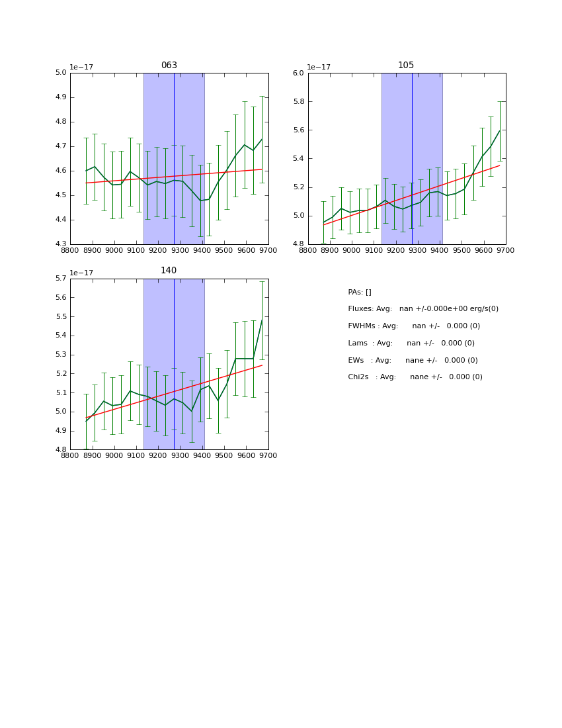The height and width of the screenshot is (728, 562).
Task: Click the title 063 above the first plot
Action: click(x=169, y=66)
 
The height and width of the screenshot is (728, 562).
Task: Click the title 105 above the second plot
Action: click(x=406, y=66)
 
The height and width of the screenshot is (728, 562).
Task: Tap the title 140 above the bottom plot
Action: click(x=169, y=271)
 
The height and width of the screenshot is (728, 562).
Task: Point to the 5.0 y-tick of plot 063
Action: click(x=61, y=73)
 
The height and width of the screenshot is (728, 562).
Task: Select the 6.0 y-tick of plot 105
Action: click(x=298, y=73)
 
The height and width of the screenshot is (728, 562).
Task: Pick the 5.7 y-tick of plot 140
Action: click(x=61, y=279)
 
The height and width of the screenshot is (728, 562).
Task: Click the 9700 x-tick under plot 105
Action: click(x=506, y=250)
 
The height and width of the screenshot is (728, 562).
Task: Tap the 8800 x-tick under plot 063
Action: click(x=70, y=250)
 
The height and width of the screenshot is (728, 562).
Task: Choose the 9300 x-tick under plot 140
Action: click(x=181, y=455)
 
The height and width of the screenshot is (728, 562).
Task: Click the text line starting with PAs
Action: click(x=360, y=293)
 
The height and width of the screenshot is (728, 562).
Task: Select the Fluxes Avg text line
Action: click(x=423, y=309)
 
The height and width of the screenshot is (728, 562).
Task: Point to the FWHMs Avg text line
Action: click(x=414, y=326)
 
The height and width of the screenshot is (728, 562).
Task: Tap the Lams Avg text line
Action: click(x=411, y=343)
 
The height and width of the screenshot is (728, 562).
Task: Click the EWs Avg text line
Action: click(x=413, y=361)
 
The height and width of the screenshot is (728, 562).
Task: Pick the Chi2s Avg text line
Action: click(x=415, y=377)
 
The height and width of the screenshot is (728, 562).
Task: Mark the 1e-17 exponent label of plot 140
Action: click(x=81, y=273)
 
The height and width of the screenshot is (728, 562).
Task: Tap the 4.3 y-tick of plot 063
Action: click(x=61, y=244)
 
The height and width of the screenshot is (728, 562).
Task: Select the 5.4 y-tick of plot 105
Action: click(x=298, y=159)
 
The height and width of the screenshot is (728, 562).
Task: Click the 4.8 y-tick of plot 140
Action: click(x=61, y=449)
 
